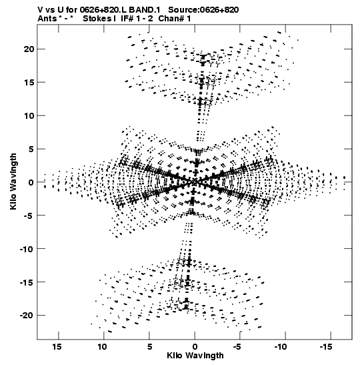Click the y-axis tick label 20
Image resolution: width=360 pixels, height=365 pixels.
point(29,49)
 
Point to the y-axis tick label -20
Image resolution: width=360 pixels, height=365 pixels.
point(27,316)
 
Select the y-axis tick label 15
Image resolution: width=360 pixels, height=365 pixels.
point(29,82)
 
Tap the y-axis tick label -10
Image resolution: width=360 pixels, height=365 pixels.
point(27,249)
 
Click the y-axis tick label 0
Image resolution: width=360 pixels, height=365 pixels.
point(31,182)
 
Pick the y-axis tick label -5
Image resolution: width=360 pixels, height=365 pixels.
point(29,216)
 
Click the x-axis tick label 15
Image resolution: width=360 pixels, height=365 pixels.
point(57,347)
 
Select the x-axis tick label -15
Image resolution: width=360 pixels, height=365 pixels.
point(326,347)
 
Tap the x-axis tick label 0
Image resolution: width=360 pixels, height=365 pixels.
point(195,347)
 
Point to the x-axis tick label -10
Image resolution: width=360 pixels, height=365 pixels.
point(281,347)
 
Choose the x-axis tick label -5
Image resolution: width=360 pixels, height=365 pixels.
point(237,347)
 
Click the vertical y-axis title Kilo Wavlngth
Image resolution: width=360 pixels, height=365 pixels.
point(13,181)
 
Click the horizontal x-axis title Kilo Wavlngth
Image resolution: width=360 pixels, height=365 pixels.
point(195,356)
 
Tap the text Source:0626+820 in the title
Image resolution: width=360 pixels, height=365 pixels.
point(203,10)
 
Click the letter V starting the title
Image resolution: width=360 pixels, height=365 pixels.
point(41,10)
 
